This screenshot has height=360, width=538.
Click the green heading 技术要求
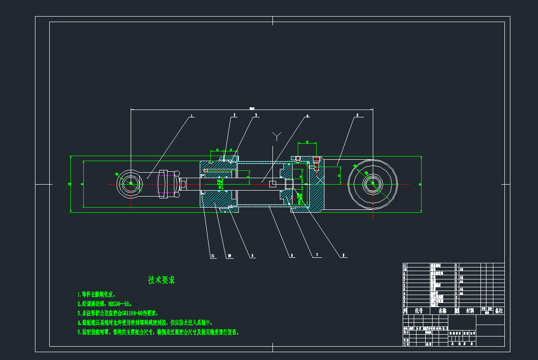click(x=162, y=280)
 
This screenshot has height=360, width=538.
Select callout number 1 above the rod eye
click(x=192, y=115)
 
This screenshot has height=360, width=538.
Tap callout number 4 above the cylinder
click(x=307, y=115)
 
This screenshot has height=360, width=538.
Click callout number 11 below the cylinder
click(x=212, y=255)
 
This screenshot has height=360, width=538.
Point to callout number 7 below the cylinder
click(x=317, y=255)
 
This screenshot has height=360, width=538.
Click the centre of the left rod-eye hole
click(x=130, y=184)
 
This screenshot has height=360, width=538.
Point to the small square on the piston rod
click(x=273, y=184)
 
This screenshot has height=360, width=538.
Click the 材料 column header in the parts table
click(x=469, y=311)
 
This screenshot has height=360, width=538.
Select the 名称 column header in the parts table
click(x=442, y=311)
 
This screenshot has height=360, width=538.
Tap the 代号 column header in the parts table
click(x=418, y=311)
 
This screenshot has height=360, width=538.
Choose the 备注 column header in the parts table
click(x=498, y=311)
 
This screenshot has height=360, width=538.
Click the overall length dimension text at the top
click(x=252, y=109)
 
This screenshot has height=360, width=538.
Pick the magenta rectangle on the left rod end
click(x=164, y=192)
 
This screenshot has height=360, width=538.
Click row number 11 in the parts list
click(x=405, y=265)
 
